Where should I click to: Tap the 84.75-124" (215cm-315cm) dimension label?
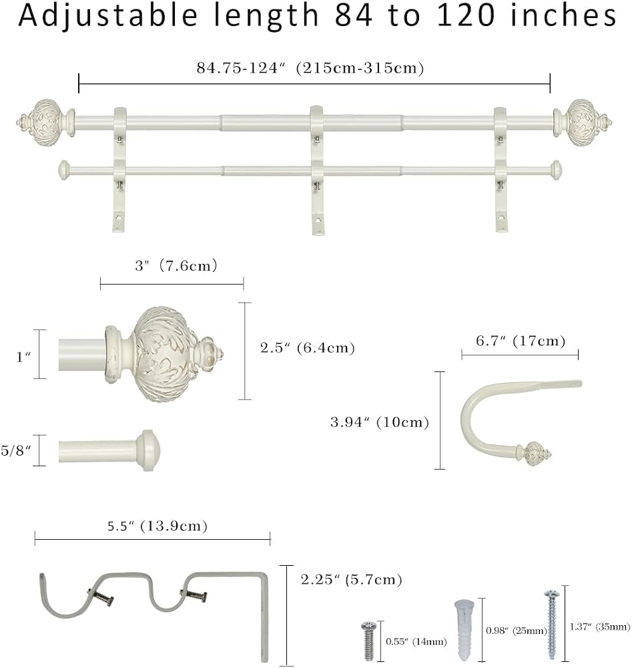(310, 68)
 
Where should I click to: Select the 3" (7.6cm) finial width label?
(176, 266)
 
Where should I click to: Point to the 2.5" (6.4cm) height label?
(307, 348)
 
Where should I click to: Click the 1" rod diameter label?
(23, 356)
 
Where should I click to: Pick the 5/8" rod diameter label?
(16, 450)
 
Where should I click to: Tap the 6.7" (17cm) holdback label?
(520, 341)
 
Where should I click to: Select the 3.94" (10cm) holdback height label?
(380, 422)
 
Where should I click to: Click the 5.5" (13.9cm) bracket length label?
(157, 526)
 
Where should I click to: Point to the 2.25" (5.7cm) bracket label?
(351, 579)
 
